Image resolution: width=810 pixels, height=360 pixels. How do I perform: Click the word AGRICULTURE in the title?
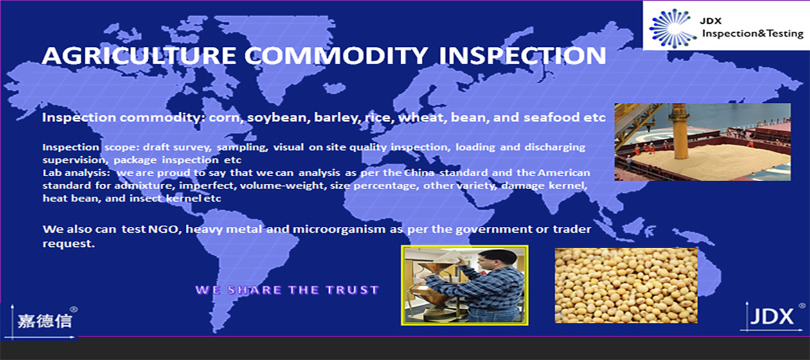click(x=139, y=56)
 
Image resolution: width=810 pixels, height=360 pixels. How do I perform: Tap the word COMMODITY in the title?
click(x=337, y=56)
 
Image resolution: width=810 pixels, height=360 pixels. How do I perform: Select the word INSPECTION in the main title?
click(x=523, y=56)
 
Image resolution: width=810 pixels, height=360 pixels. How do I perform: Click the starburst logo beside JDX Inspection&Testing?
click(x=672, y=28)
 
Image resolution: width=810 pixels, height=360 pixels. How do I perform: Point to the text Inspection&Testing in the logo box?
click(x=753, y=33)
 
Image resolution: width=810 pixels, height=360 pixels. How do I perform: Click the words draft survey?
click(x=177, y=147)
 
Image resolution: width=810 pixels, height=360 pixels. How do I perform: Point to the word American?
click(x=564, y=173)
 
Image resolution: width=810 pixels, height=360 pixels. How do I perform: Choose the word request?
click(x=69, y=244)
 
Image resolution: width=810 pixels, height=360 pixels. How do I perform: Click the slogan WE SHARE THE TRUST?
click(x=287, y=290)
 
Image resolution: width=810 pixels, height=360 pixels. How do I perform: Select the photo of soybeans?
click(x=626, y=285)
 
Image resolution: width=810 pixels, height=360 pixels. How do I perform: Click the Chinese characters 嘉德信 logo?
click(x=45, y=321)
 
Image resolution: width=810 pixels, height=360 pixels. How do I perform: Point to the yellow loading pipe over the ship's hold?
click(x=680, y=131)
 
